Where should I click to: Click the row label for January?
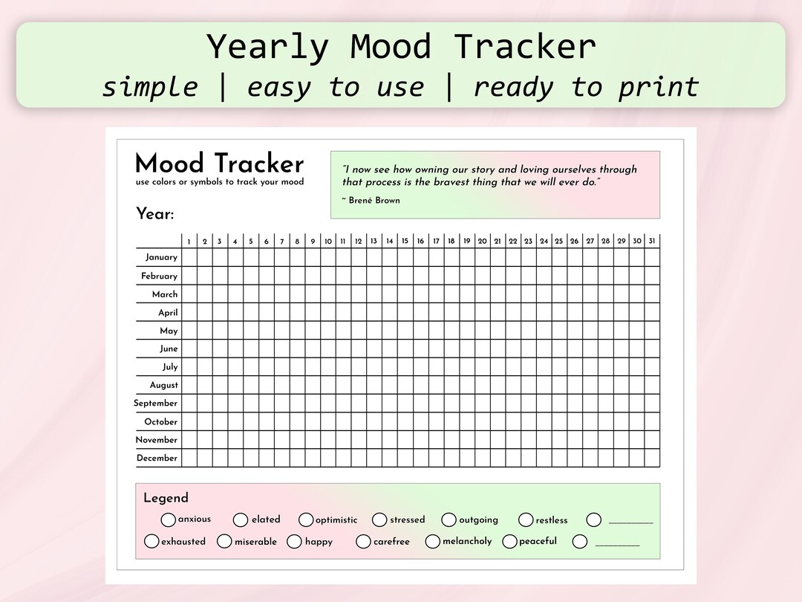click(161, 257)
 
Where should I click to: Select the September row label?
click(156, 404)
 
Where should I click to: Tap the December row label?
click(157, 458)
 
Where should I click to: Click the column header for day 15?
click(405, 241)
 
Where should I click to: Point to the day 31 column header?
click(652, 241)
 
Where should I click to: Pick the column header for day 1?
click(189, 242)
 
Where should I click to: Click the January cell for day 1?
click(189, 257)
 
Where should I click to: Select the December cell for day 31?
click(652, 458)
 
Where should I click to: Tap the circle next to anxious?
click(169, 520)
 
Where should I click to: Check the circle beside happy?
click(294, 541)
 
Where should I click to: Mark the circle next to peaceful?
click(509, 541)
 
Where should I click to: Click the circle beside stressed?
click(379, 520)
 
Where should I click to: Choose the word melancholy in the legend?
click(467, 541)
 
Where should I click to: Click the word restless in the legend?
click(552, 520)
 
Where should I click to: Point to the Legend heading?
click(166, 498)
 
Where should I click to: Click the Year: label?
click(154, 215)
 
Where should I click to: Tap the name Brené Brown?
click(374, 201)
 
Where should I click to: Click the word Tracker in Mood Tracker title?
click(260, 164)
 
